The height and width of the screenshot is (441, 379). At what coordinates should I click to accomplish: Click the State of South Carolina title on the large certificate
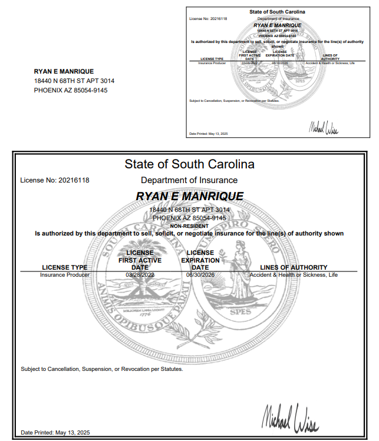tap(189, 164)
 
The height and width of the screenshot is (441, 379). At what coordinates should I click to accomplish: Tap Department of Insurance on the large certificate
tap(189, 180)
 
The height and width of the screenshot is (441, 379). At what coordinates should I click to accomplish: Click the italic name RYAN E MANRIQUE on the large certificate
tap(189, 196)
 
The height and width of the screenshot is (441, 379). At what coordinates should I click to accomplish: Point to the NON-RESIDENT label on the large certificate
tap(189, 226)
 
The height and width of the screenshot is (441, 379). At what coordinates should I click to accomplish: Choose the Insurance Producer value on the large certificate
tap(65, 275)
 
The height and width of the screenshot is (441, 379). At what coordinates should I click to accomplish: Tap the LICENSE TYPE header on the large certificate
tap(65, 267)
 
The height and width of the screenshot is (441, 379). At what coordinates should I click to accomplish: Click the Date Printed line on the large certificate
tap(55, 433)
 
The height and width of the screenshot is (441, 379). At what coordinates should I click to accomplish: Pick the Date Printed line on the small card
tap(208, 134)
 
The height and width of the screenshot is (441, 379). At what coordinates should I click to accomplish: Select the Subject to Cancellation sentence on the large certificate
tap(102, 369)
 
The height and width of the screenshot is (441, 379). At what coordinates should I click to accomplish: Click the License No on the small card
tap(208, 19)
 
